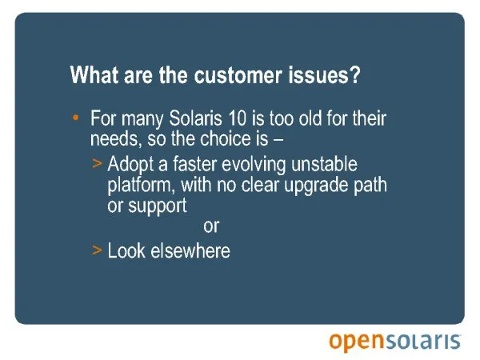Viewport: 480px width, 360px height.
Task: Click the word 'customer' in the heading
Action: [238, 75]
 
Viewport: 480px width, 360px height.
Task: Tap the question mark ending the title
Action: [355, 75]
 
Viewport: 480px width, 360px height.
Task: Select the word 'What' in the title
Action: [94, 75]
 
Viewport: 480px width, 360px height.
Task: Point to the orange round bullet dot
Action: [76, 118]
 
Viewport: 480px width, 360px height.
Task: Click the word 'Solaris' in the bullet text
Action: [195, 118]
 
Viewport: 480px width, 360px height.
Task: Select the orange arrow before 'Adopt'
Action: [97, 164]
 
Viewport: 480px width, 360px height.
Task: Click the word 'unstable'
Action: [324, 164]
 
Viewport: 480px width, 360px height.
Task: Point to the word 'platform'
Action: [142, 186]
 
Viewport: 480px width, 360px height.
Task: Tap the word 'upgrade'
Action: [316, 186]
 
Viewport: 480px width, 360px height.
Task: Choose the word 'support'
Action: [158, 206]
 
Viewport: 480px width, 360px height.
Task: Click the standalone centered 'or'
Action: [211, 226]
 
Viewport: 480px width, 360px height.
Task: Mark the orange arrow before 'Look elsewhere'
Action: [97, 250]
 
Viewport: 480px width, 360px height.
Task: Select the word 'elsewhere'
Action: [190, 251]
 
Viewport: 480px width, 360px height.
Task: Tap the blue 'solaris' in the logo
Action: [423, 342]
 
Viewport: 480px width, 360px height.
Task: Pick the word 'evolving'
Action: [254, 165]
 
